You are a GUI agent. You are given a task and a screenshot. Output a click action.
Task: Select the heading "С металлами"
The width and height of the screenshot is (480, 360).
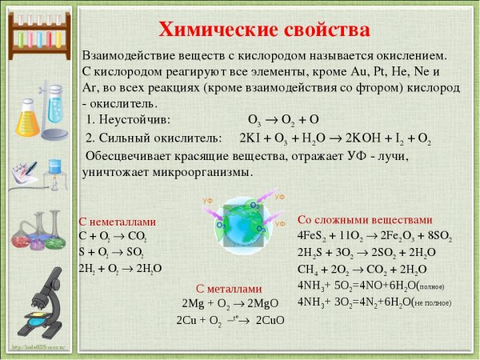(229, 289)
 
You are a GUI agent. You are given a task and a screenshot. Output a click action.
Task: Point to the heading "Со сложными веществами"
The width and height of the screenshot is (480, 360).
(365, 219)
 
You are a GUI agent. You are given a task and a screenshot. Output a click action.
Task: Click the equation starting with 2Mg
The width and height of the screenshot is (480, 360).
(228, 303)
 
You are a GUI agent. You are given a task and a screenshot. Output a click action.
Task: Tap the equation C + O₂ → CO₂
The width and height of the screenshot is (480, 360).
(113, 236)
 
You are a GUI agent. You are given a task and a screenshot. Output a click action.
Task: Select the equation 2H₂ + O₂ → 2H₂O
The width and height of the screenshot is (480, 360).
(120, 267)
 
